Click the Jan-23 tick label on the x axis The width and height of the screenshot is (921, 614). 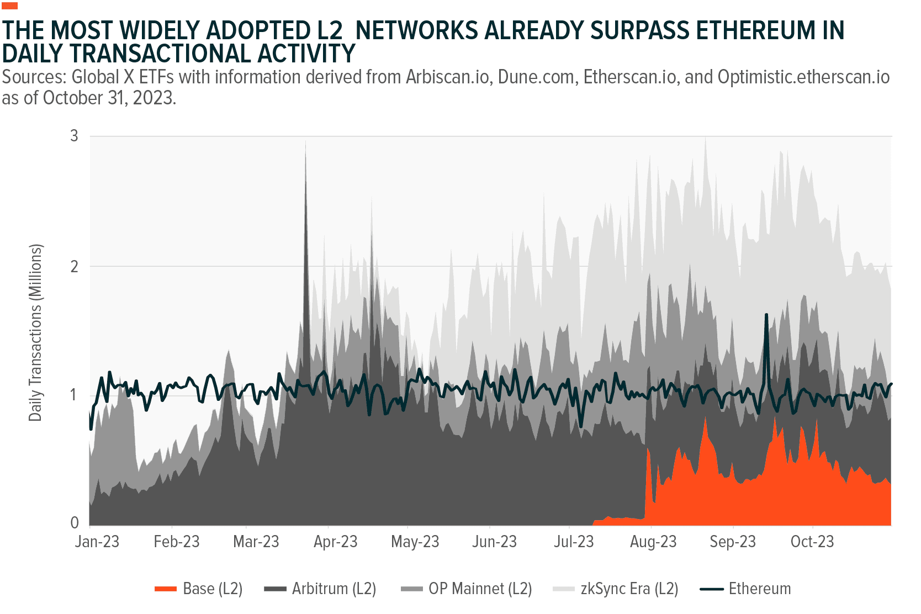pyautogui.click(x=97, y=542)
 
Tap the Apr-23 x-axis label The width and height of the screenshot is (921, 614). pyautogui.click(x=336, y=542)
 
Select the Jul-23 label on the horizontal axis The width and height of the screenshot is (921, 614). pyautogui.click(x=574, y=542)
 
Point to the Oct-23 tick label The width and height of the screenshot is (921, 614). pyautogui.click(x=812, y=542)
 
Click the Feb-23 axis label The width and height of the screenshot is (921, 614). pyautogui.click(x=177, y=542)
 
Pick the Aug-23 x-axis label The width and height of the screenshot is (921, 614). pyautogui.click(x=653, y=542)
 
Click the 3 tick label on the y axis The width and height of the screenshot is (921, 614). pyautogui.click(x=75, y=136)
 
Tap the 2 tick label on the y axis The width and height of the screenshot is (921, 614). pyautogui.click(x=75, y=266)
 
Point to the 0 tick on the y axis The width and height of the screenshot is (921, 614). pyautogui.click(x=75, y=523)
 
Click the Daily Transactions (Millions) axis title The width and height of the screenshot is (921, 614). pyautogui.click(x=36, y=332)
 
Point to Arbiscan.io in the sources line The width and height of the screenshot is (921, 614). pyautogui.click(x=448, y=77)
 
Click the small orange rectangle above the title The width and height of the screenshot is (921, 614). pyautogui.click(x=10, y=6)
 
